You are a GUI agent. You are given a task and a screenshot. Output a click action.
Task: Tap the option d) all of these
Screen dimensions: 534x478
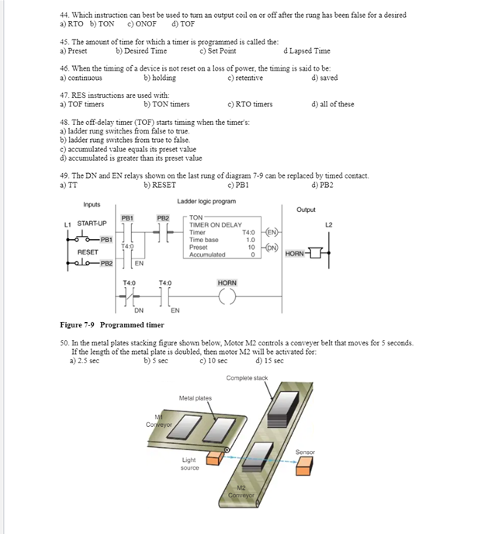[x=332, y=104]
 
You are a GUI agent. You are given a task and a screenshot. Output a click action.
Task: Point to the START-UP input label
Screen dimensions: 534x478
[x=91, y=224]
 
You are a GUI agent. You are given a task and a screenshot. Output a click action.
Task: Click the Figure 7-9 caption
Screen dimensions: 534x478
[x=112, y=325]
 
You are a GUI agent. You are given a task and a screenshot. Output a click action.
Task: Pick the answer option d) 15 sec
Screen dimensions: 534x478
[x=269, y=361]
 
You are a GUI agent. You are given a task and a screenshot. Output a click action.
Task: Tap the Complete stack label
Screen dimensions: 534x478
[x=247, y=378]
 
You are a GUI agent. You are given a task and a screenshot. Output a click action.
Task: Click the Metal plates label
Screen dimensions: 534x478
[x=195, y=398]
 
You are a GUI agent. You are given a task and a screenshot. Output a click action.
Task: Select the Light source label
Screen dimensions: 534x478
[x=189, y=464]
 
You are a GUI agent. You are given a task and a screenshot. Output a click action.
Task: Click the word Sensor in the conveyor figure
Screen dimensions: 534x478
[x=305, y=452]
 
